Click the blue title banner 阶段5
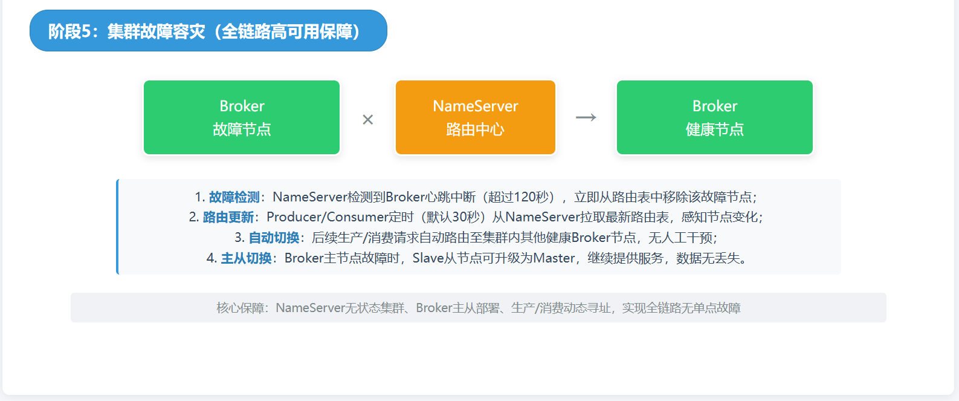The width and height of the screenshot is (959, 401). tap(208, 31)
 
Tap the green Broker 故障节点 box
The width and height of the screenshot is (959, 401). tap(242, 117)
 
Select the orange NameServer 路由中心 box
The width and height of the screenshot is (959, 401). tap(475, 117)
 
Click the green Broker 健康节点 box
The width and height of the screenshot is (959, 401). tap(714, 117)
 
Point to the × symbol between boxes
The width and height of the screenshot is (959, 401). tap(367, 120)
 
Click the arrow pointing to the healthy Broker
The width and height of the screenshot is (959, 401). tap(586, 117)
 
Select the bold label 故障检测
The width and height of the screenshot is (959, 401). tap(234, 197)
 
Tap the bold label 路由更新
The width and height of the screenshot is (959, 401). tap(228, 217)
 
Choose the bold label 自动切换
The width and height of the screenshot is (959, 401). tap(274, 238)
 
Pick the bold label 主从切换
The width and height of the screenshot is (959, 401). tap(246, 258)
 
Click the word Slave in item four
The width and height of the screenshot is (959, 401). tap(428, 258)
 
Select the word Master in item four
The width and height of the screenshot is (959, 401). tap(554, 258)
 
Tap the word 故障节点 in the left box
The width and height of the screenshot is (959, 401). tap(242, 129)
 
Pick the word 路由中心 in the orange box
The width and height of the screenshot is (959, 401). tap(475, 129)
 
